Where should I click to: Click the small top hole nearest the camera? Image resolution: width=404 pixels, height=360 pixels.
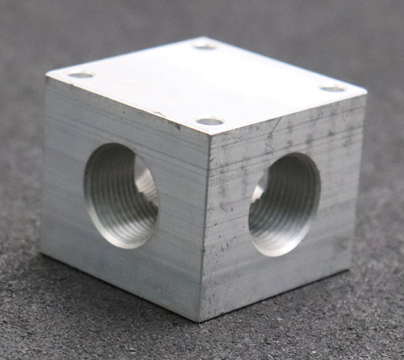tap(210, 122)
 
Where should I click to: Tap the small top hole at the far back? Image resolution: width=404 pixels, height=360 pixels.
tap(205, 47)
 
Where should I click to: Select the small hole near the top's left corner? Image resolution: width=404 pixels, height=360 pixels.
tap(81, 75)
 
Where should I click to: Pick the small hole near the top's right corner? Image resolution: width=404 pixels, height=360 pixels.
tap(332, 88)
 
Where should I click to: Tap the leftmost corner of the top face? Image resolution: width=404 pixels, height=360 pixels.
tap(47, 77)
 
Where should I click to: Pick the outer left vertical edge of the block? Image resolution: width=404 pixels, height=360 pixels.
tap(44, 166)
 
